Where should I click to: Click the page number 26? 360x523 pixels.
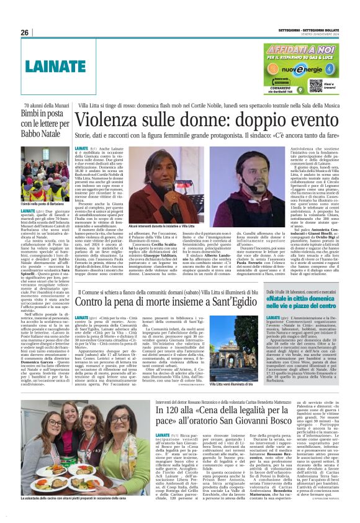coord(25,33)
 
